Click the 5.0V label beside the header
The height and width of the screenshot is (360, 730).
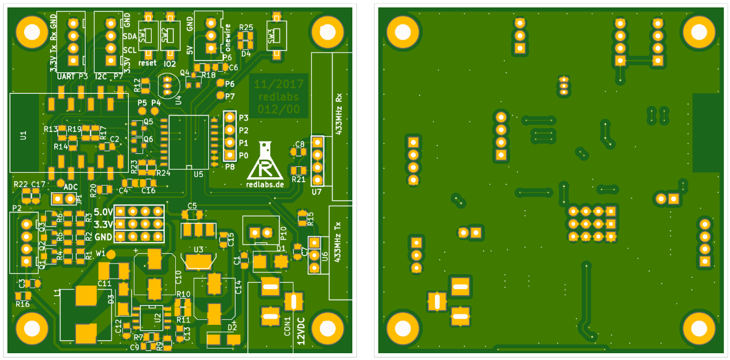[103, 212]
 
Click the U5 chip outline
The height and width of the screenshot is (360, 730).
[189, 141]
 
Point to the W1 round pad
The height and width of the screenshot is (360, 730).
[110, 254]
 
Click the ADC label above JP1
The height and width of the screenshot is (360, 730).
[71, 187]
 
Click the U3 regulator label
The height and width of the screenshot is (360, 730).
[199, 249]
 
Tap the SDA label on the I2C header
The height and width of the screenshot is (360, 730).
[130, 36]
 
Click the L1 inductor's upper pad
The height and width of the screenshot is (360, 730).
[86, 296]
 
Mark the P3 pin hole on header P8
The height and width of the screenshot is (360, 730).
[229, 117]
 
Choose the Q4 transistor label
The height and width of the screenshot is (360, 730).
[185, 73]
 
